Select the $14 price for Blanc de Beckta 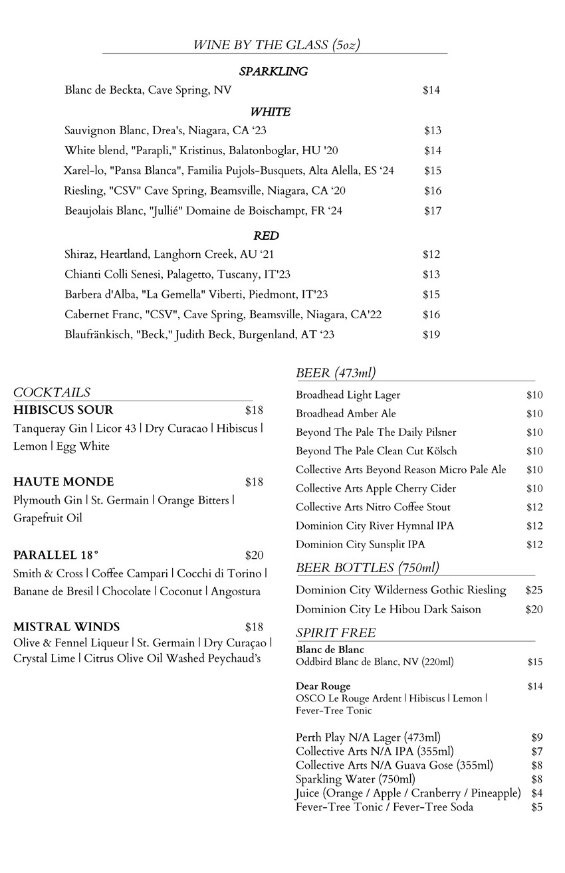tap(431, 90)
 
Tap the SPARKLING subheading tap(273, 72)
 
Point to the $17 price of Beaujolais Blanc tap(433, 211)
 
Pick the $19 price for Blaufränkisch tap(431, 335)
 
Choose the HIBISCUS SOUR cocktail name tap(63, 410)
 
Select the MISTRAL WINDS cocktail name tap(66, 627)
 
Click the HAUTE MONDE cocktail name tap(63, 482)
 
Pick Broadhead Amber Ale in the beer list tap(346, 414)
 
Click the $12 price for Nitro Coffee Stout tap(534, 508)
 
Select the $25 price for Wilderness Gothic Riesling tap(534, 590)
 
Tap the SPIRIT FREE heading tap(336, 632)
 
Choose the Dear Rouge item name tap(323, 686)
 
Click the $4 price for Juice tap(537, 793)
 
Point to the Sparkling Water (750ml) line tap(356, 779)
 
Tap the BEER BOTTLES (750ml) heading tap(368, 567)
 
